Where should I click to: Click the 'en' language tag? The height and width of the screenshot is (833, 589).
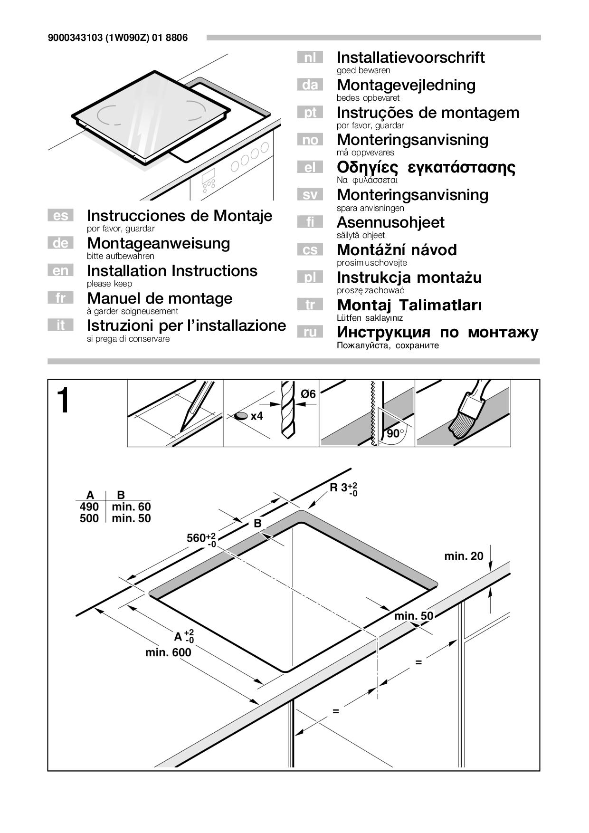coord(60,270)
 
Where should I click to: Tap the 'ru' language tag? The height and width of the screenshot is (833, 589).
coord(310,332)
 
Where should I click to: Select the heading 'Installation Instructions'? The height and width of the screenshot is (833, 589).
coord(172,271)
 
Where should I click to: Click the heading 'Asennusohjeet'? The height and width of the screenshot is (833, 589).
coord(390,222)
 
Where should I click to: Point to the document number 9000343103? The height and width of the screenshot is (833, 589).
coord(75,38)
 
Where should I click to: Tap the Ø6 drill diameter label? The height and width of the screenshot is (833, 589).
coord(308,394)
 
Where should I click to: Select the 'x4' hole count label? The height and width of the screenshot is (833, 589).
coord(256,416)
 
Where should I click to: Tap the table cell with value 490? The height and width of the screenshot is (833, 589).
coord(89,507)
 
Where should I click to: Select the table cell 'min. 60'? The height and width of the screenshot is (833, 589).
coord(131,507)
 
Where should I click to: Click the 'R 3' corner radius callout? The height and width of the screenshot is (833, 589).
coord(343,488)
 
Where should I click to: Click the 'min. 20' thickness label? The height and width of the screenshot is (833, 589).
coord(464,556)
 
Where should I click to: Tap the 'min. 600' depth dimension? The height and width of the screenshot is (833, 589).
coord(168,652)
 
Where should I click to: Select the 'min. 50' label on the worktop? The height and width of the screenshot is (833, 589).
coord(414,616)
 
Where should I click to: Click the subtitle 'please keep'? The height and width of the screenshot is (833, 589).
coord(109,284)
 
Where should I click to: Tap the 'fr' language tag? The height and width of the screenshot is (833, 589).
coord(60,298)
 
